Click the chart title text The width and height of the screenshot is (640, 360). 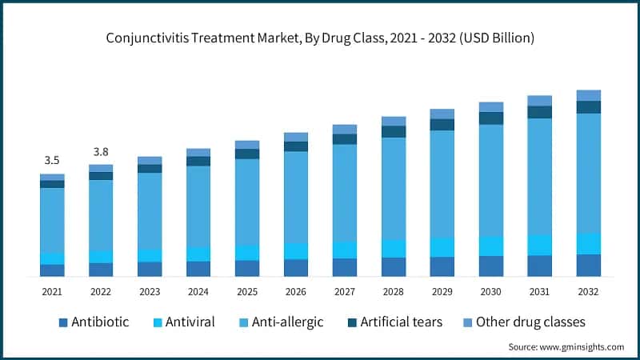point(320,38)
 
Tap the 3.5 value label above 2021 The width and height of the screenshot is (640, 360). point(52,160)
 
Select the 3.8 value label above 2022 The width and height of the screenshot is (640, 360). point(101,151)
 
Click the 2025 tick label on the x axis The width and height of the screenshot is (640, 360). point(247,292)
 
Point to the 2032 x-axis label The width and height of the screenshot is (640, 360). point(589,292)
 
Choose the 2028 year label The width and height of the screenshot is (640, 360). point(394,292)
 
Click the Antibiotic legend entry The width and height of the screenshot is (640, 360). point(94,322)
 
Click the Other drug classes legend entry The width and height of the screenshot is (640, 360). point(522,322)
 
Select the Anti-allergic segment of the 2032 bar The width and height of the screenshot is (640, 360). point(589,173)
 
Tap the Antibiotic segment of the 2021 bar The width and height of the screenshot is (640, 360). point(52,270)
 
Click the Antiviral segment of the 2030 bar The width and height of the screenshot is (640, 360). point(491,246)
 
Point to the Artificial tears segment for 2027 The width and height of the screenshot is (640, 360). point(345,139)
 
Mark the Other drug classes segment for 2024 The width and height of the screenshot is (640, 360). point(198,152)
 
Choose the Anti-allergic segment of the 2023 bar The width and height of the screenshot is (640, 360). point(150,210)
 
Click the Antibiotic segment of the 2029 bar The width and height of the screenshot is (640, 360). point(442,266)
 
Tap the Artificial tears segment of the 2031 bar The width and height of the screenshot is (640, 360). point(540,112)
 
